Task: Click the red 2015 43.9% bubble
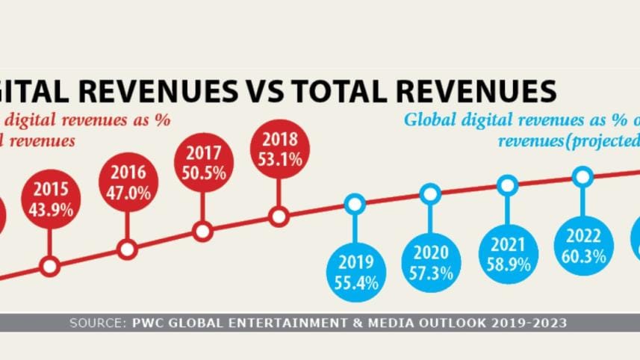[52, 198]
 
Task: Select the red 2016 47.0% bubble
[128, 181]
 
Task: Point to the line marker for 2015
[50, 265]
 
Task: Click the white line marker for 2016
[128, 249]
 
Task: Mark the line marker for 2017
[202, 232]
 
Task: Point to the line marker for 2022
[583, 176]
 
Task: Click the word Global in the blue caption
[431, 119]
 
